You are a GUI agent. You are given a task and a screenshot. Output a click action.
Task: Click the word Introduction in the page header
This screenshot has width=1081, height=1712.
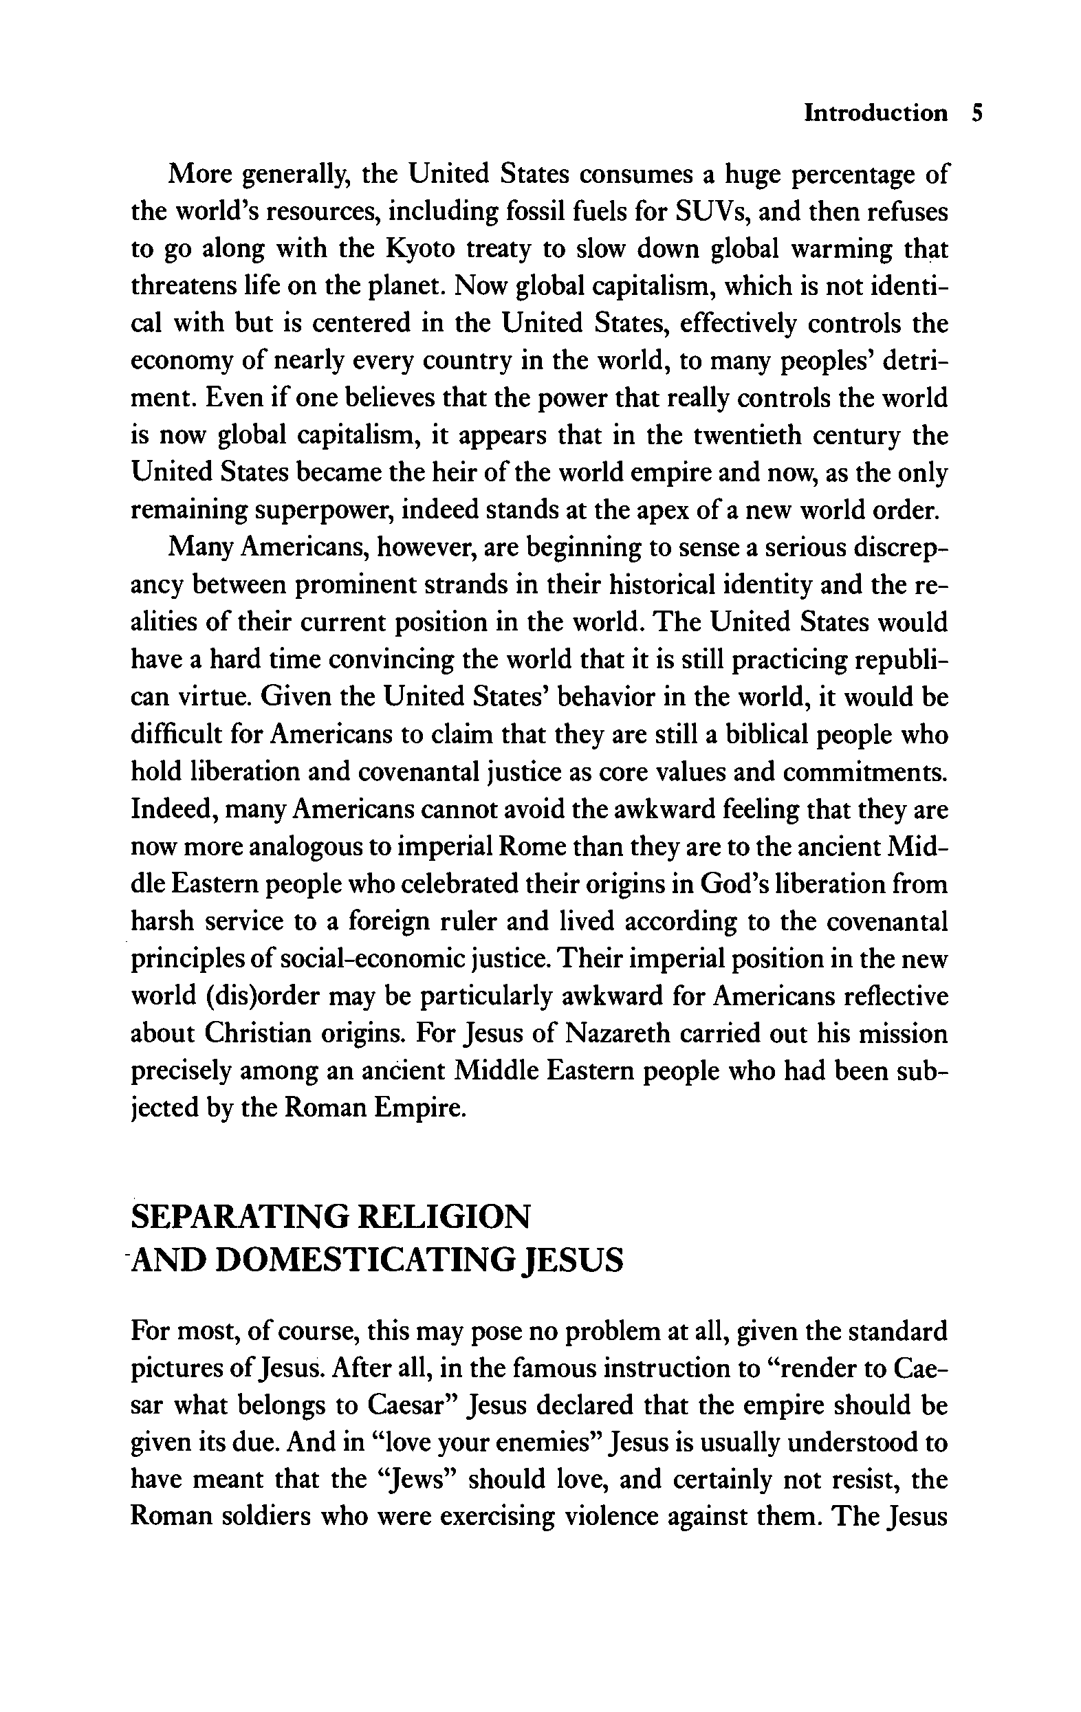tap(875, 113)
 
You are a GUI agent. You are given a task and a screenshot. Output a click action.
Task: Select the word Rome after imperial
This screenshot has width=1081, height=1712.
tap(534, 847)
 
